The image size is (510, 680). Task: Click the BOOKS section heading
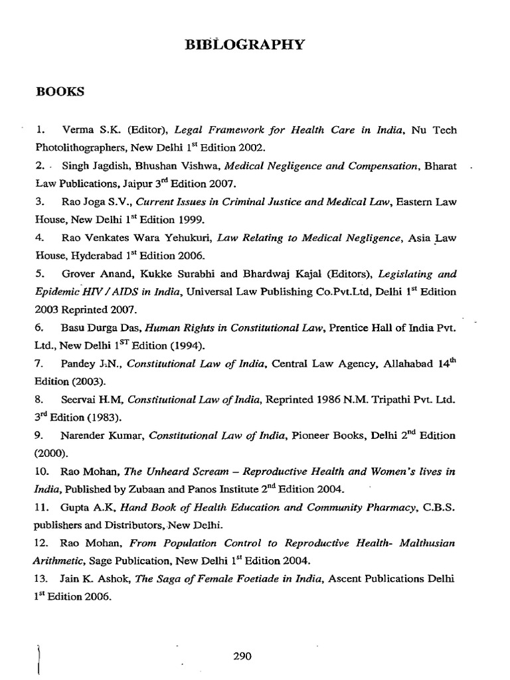[x=60, y=92]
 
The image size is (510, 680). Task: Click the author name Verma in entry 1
[x=76, y=129]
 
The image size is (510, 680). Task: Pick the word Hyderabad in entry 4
[x=86, y=255]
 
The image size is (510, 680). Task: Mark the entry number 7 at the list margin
[x=39, y=364]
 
